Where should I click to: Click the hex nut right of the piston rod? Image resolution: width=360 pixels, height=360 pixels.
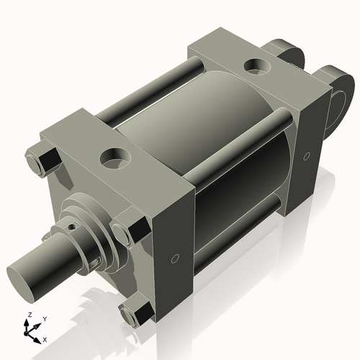click(132, 231)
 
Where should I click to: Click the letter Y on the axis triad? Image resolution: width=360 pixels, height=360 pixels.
click(45, 318)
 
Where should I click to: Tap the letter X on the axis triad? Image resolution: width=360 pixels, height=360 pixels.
click(45, 338)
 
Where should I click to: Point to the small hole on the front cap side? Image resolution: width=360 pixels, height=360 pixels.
click(174, 257)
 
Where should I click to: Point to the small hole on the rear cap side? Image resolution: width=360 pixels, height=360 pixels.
click(306, 156)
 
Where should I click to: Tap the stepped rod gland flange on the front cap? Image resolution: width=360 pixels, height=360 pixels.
click(94, 223)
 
